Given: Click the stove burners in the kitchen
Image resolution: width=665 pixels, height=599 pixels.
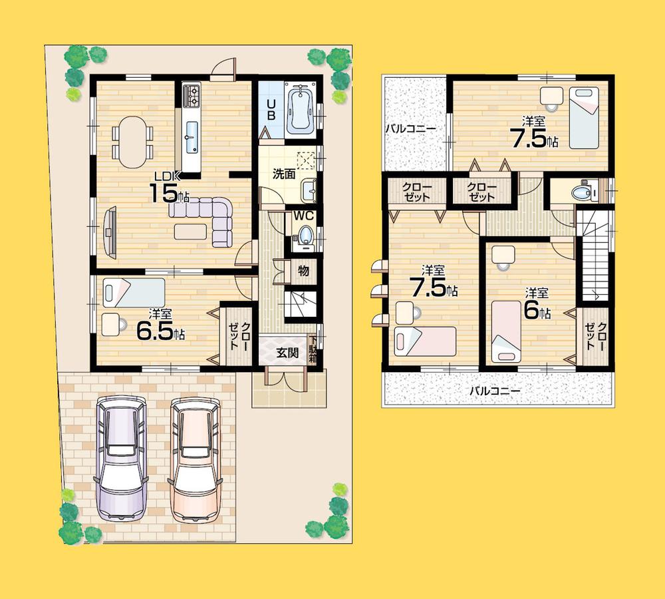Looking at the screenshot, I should (192, 95).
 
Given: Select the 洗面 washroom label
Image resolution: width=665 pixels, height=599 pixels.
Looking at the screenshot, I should (284, 174).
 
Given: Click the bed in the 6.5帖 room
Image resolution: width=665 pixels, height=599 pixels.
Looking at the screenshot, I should (134, 292).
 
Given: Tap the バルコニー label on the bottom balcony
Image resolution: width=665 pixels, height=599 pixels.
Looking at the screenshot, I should (495, 391).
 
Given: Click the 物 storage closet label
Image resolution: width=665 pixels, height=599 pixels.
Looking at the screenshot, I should (303, 272).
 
